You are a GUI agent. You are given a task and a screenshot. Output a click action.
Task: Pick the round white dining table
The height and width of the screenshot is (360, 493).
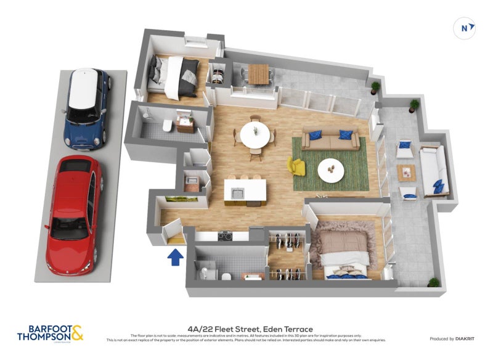[254, 134]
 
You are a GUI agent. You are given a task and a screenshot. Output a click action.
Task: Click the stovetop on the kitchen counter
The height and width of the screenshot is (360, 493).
[225, 235]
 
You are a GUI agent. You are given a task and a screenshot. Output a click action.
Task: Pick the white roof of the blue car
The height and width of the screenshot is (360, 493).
[84, 89]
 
